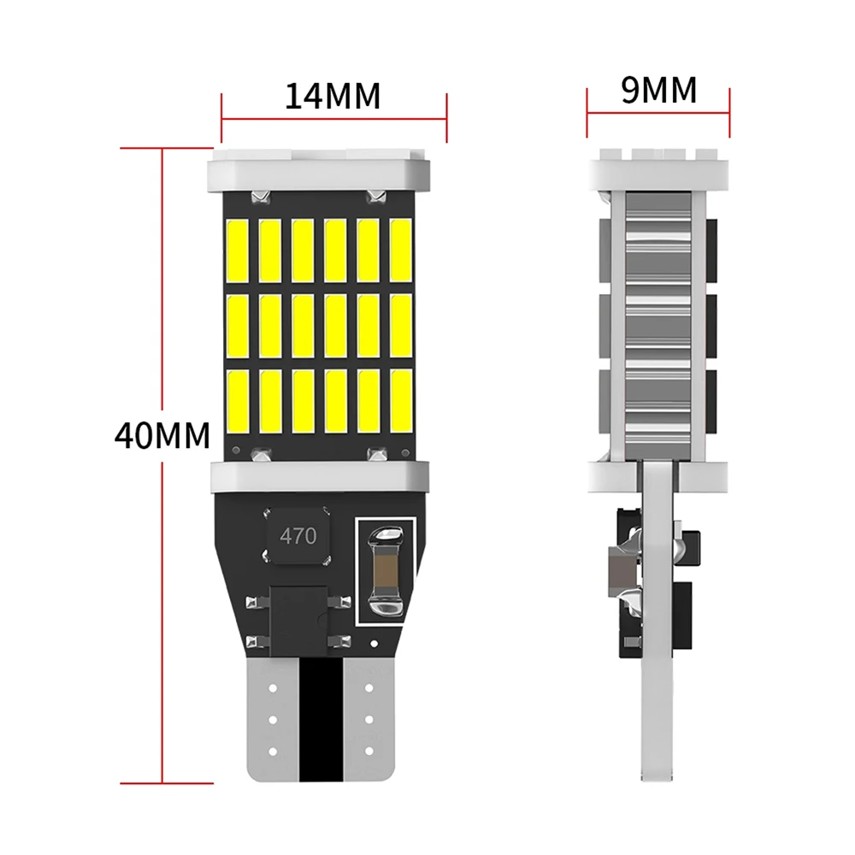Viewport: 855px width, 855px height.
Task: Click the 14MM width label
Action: pos(333,96)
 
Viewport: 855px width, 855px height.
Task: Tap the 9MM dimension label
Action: pos(658,89)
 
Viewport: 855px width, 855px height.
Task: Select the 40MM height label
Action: pos(162,435)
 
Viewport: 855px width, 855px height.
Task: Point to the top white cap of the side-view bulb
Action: pos(658,170)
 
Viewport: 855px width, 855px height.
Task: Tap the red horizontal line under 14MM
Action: pos(334,119)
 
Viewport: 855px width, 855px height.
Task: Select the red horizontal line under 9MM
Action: pos(658,112)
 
